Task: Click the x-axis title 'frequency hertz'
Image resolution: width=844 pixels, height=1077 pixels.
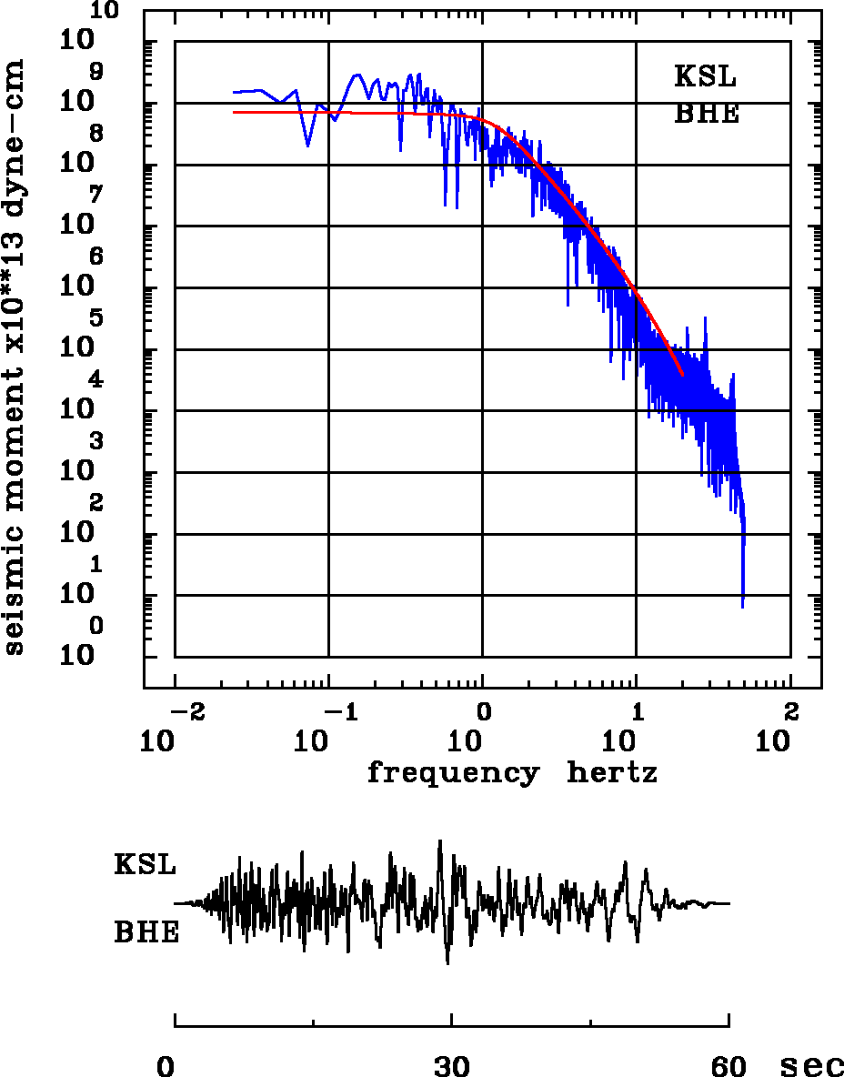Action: pyautogui.click(x=512, y=773)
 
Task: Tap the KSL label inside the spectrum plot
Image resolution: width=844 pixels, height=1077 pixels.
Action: pyautogui.click(x=706, y=76)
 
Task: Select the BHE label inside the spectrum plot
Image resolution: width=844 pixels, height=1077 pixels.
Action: pyautogui.click(x=706, y=115)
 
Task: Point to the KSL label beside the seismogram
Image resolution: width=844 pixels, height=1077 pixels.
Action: pyautogui.click(x=146, y=864)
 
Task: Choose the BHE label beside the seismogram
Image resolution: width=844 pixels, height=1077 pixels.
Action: pyautogui.click(x=146, y=932)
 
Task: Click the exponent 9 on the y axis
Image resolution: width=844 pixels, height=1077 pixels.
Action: pyautogui.click(x=96, y=71)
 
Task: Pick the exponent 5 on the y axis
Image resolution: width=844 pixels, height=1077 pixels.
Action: pyautogui.click(x=96, y=317)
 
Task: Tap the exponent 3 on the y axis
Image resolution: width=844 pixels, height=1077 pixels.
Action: pyautogui.click(x=96, y=441)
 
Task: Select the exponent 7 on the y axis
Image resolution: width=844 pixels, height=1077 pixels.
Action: pyautogui.click(x=96, y=195)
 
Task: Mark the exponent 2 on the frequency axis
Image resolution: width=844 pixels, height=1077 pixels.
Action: pyautogui.click(x=790, y=710)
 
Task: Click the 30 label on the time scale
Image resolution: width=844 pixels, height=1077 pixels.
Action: pyautogui.click(x=451, y=1066)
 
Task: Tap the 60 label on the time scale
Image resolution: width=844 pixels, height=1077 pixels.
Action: pyautogui.click(x=728, y=1066)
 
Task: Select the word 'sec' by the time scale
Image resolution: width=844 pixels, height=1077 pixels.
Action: pyautogui.click(x=812, y=1066)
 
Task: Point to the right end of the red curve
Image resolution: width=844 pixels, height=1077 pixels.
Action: pyautogui.click(x=682, y=374)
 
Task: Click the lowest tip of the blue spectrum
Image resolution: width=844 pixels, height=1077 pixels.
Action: pyautogui.click(x=743, y=607)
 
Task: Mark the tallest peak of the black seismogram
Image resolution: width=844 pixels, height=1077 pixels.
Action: pyautogui.click(x=440, y=840)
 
